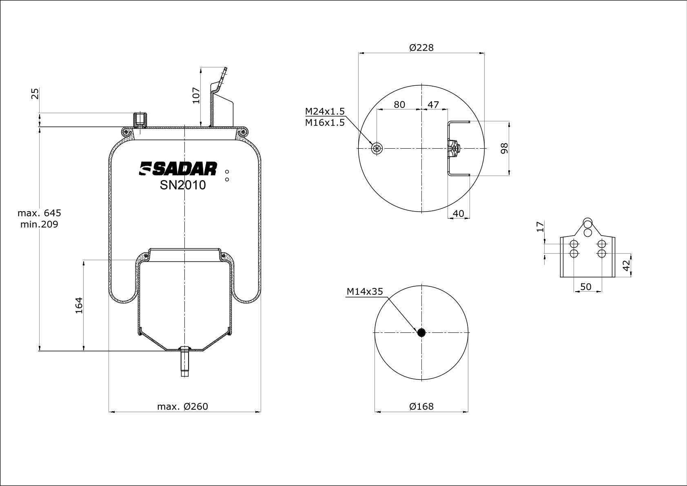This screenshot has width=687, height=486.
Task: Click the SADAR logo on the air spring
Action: click(x=178, y=169)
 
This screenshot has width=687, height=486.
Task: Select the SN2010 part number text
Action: click(x=183, y=185)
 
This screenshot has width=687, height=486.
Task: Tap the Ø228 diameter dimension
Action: click(x=421, y=48)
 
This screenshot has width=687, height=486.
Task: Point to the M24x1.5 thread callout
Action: click(x=325, y=111)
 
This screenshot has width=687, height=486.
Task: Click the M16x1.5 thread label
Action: click(x=325, y=123)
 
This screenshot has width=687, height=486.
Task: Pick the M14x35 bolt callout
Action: click(x=365, y=291)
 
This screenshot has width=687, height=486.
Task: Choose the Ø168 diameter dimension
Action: click(x=421, y=406)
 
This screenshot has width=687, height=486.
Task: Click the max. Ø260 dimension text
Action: click(x=182, y=406)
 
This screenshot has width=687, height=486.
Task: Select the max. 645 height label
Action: click(x=39, y=213)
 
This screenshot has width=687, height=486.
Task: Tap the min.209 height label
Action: click(x=39, y=225)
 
